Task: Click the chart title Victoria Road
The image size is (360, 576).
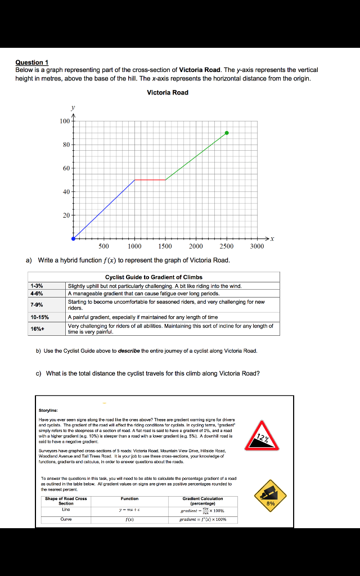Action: coord(168,93)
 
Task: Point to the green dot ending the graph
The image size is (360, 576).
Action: coord(227,133)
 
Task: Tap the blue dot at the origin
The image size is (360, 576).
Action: coord(73,238)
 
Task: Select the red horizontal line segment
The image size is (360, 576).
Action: coord(150,180)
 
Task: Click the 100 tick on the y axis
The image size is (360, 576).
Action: coord(65,121)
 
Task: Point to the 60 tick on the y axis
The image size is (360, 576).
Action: coord(66,168)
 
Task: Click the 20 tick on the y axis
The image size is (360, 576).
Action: coord(66,215)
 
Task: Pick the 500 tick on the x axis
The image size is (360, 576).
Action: coord(104,246)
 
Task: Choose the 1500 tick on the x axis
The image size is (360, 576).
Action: coord(165,246)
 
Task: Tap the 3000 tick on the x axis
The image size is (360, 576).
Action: coord(257,246)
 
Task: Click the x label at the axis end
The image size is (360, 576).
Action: coord(272,239)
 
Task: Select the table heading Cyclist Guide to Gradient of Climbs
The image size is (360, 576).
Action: coord(154,277)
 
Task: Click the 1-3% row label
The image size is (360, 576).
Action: coord(37,286)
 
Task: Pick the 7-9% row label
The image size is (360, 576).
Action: coord(37,304)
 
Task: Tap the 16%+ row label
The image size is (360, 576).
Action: coord(37,328)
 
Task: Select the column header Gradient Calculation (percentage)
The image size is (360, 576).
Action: coord(202,501)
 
